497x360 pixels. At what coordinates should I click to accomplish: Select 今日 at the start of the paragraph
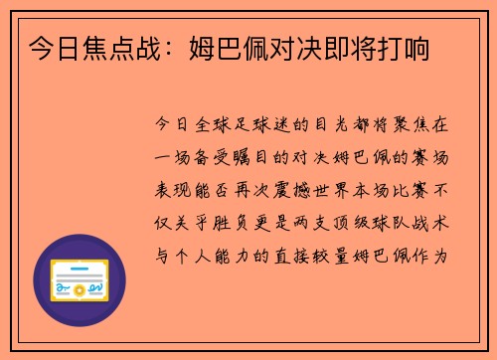point(167,125)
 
